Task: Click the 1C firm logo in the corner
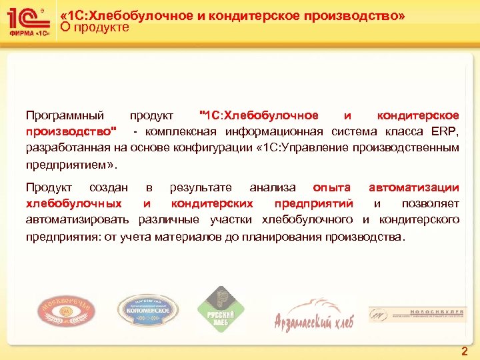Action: click(x=27, y=21)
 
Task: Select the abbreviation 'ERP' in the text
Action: click(x=444, y=131)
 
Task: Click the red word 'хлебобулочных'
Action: click(x=73, y=203)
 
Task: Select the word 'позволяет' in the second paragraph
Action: click(x=431, y=203)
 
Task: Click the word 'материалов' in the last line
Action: click(x=195, y=237)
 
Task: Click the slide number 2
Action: click(x=464, y=350)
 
